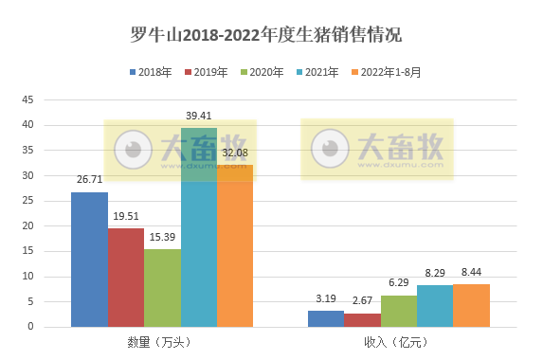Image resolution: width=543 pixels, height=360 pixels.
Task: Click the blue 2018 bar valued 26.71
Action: [x=89, y=260]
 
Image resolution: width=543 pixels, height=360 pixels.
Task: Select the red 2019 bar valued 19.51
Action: [x=125, y=278]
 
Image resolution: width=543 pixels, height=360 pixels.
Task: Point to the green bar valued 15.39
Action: [x=162, y=288]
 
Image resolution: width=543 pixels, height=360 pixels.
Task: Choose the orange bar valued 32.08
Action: [x=235, y=246]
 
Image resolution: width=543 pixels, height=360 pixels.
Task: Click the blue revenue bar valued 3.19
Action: [x=326, y=319]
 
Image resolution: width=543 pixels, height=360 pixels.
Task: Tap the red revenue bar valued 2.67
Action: [x=362, y=320]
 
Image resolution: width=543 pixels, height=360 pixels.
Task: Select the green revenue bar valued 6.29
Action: [x=399, y=312]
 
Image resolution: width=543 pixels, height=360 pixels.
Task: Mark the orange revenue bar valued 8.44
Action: [x=472, y=306]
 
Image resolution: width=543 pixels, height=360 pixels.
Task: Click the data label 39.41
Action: [x=199, y=116]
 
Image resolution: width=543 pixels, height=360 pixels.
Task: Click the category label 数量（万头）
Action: [x=161, y=342]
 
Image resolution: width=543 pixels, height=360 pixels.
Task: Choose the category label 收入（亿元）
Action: [x=399, y=342]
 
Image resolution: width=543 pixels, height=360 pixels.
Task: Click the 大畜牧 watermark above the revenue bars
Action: [x=378, y=148]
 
